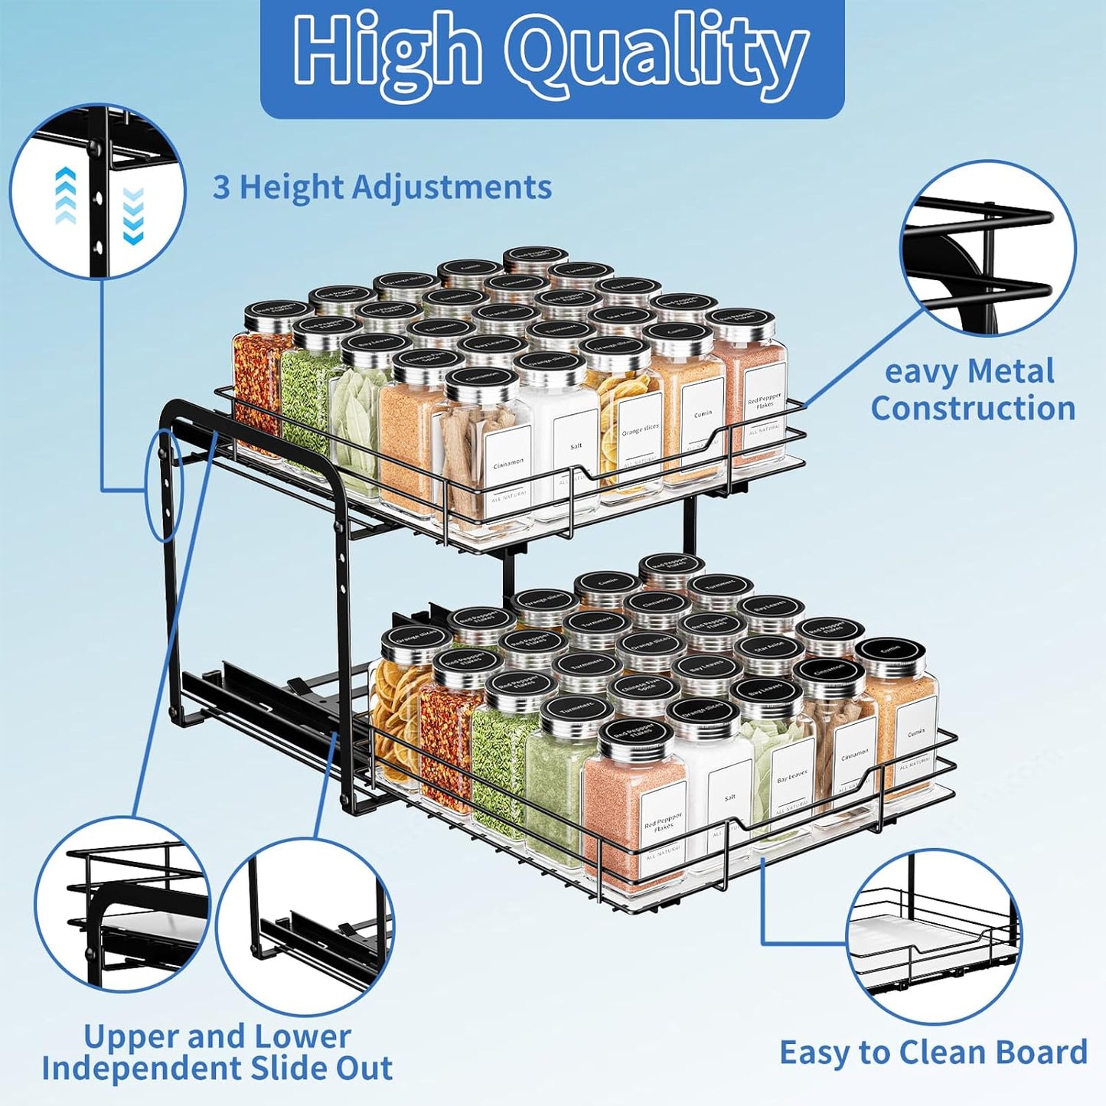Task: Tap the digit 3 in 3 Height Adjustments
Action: tap(220, 188)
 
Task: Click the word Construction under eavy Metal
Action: tap(973, 408)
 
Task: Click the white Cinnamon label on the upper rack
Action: tap(508, 464)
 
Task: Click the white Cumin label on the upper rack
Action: tap(703, 414)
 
